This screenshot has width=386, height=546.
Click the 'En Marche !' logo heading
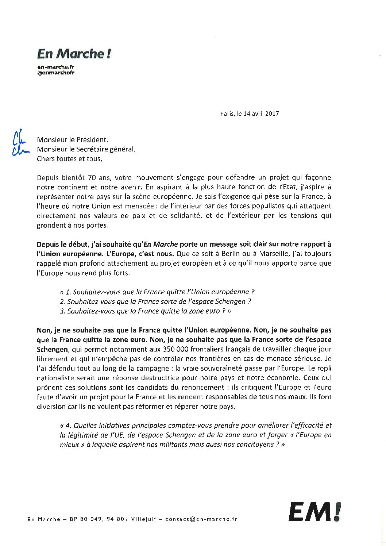tap(74, 54)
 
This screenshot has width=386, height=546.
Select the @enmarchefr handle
tap(56, 72)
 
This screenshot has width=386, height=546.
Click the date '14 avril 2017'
tap(261, 114)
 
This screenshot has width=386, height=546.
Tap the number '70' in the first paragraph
tap(92, 178)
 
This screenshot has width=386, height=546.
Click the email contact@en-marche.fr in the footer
tap(201, 519)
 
